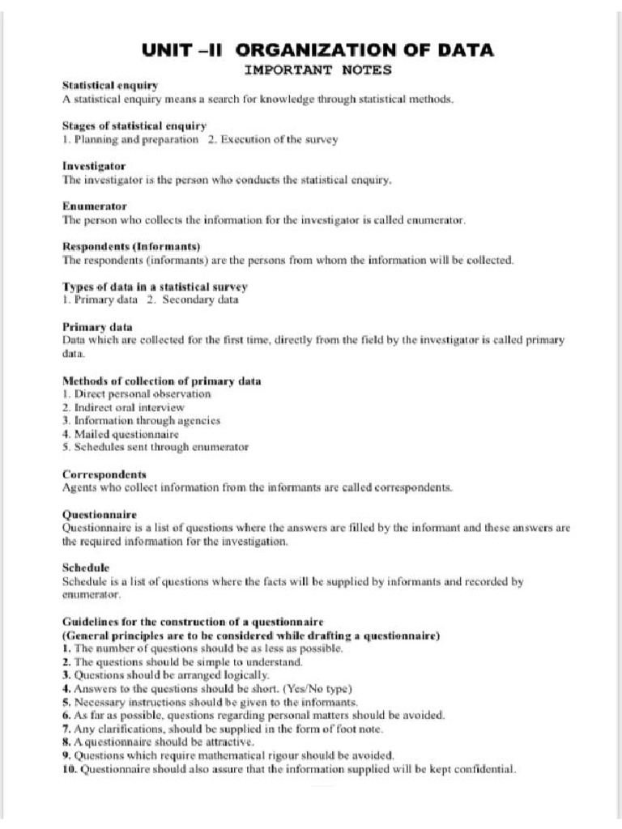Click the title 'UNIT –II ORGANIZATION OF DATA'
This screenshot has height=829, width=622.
click(317, 50)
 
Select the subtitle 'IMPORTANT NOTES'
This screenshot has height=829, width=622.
click(317, 70)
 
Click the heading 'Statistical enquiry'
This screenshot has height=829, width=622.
click(110, 85)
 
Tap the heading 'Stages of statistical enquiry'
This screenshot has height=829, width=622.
click(134, 125)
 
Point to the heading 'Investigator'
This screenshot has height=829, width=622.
click(94, 166)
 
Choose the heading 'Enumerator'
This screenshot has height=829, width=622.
click(93, 206)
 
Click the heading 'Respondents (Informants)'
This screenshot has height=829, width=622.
click(131, 246)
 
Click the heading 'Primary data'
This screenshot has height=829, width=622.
click(97, 327)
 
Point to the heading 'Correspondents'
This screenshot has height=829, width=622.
click(104, 474)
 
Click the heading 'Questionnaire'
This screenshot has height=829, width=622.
click(100, 514)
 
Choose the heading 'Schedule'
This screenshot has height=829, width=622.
click(86, 568)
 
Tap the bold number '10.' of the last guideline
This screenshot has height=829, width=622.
click(70, 768)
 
